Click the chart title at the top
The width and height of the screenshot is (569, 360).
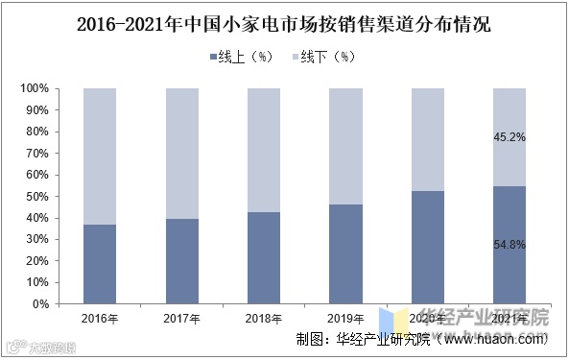(x=283, y=24)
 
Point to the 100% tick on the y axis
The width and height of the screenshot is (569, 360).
(x=34, y=88)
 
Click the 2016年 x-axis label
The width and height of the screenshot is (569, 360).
(x=101, y=318)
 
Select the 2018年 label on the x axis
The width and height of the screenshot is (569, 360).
(x=264, y=318)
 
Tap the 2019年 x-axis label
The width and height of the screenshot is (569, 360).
(x=345, y=318)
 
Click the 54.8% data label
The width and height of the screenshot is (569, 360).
(x=510, y=245)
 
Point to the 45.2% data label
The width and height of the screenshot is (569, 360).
(x=510, y=136)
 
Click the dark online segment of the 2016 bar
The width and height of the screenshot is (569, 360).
(x=101, y=264)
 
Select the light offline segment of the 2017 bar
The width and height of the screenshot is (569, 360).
(x=182, y=154)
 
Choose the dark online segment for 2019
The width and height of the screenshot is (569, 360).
(x=345, y=254)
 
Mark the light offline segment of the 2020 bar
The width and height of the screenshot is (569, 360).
(x=427, y=139)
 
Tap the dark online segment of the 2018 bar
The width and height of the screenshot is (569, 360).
(x=264, y=257)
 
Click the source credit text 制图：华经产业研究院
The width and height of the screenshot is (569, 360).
(x=365, y=339)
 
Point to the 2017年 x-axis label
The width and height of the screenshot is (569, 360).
(x=182, y=318)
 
